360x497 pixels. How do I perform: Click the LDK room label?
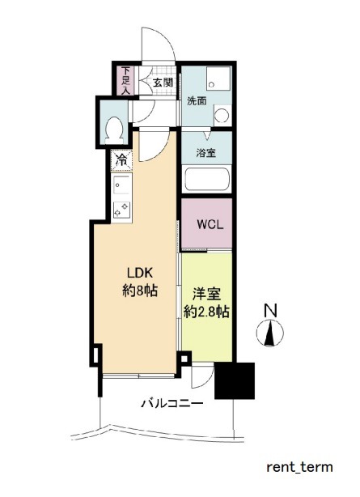[140, 272]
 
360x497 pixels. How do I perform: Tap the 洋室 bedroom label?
[206, 294]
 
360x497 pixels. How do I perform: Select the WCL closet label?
[210, 225]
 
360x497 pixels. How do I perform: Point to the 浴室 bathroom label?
[206, 153]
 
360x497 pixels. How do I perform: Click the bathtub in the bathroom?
[206, 180]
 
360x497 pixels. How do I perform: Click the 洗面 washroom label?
[197, 101]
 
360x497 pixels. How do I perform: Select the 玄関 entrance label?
[163, 83]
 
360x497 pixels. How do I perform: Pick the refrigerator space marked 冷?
[121, 160]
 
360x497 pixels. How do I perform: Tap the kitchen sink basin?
[122, 185]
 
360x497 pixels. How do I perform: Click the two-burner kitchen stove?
[122, 210]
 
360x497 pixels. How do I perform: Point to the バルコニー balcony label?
[172, 404]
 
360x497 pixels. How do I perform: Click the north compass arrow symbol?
[270, 333]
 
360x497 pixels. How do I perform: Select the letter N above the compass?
[270, 310]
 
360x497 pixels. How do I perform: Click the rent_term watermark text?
[299, 467]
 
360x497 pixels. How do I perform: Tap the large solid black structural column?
[235, 380]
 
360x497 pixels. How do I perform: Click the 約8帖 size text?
[140, 291]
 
